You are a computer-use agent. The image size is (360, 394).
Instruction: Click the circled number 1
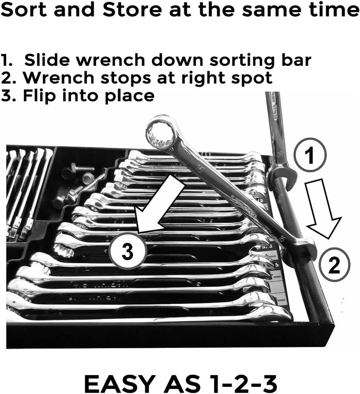click(310, 156)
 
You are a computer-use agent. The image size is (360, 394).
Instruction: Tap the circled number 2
click(333, 266)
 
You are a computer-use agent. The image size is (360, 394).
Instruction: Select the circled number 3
click(127, 251)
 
